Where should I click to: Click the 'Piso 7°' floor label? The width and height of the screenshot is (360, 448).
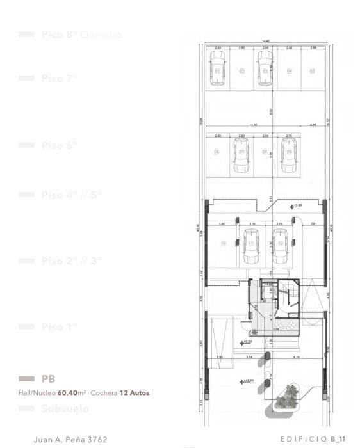point(59,78)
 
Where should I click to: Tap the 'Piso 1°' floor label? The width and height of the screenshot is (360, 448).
point(59,327)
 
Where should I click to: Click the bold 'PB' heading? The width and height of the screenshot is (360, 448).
point(48,380)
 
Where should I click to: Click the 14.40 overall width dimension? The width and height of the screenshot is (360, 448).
point(265,42)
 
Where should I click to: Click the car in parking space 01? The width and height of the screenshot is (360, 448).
point(218,68)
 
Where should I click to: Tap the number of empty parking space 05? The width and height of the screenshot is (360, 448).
point(313,70)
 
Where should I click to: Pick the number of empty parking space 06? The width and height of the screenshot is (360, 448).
point(217,152)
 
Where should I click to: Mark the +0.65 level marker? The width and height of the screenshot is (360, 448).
point(296,205)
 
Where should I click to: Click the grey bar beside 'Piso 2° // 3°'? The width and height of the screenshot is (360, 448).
point(26,260)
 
